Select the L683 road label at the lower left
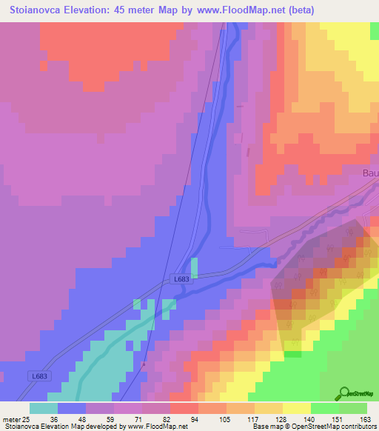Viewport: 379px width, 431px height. point(41,376)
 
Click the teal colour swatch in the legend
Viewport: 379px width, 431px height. point(43,408)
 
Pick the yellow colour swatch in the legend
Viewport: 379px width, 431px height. point(296,408)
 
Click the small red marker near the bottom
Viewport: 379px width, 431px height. point(144,364)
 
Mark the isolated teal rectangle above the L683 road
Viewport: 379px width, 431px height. point(195,268)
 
